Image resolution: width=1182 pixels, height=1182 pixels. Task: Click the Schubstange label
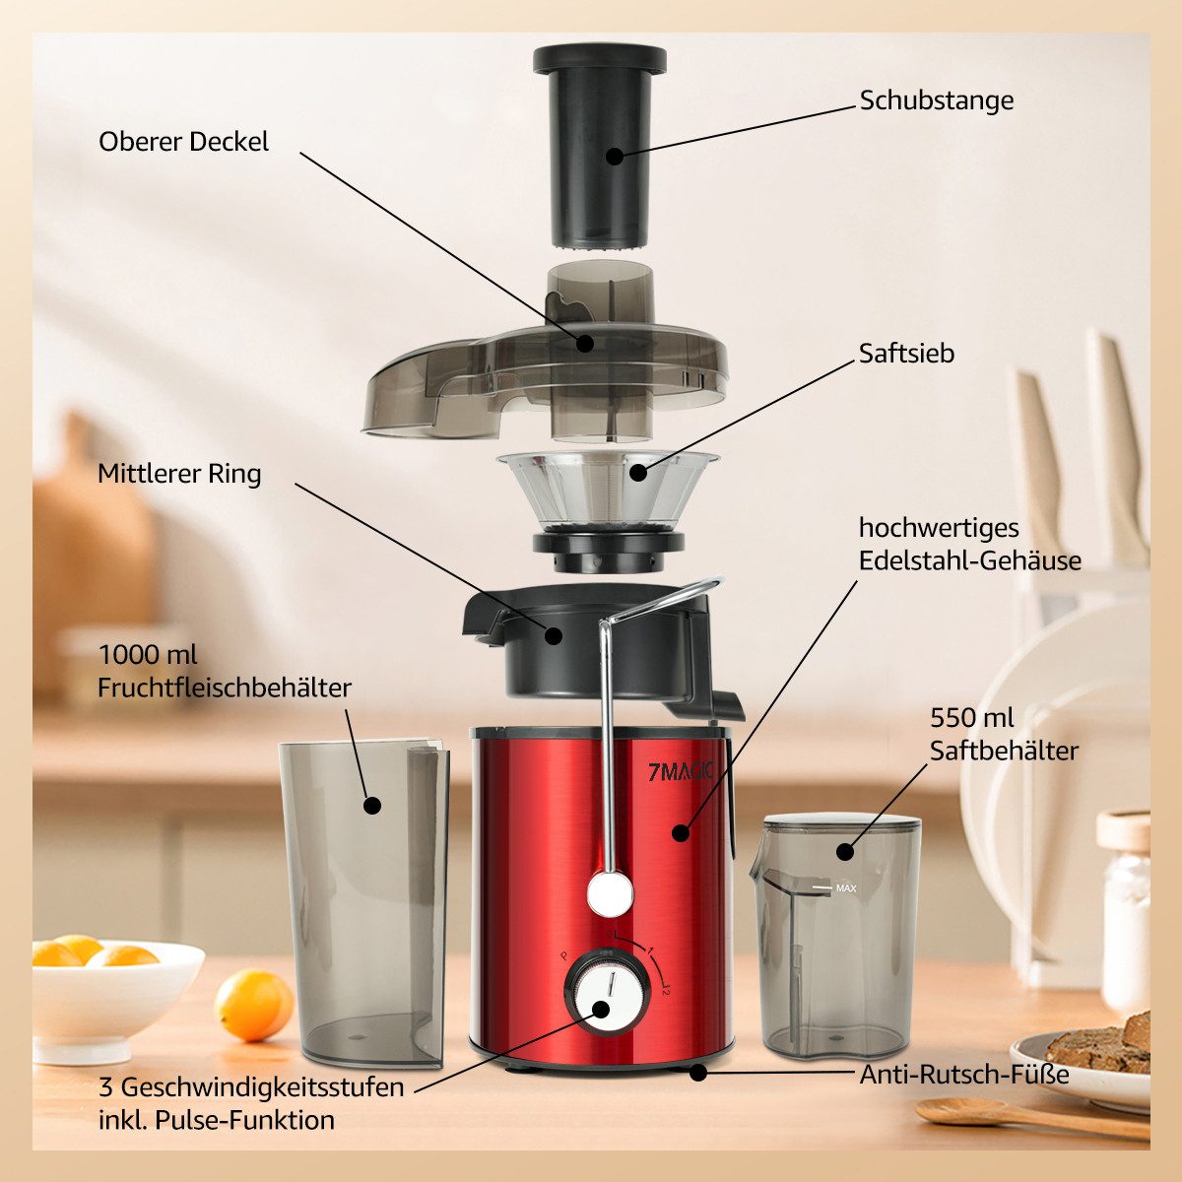tap(936, 100)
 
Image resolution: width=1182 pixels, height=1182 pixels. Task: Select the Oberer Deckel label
tap(183, 142)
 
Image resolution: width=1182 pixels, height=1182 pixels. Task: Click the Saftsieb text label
tap(906, 354)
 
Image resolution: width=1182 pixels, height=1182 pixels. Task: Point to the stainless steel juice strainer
tap(607, 488)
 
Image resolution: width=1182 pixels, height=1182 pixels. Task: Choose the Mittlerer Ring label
tap(179, 474)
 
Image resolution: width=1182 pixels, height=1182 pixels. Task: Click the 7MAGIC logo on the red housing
tap(680, 771)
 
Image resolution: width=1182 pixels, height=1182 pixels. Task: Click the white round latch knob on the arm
tap(610, 892)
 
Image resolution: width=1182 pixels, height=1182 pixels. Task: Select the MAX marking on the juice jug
tap(844, 888)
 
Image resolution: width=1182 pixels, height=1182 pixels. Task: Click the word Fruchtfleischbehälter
tap(225, 688)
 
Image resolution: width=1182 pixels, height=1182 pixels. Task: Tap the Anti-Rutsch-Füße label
tap(963, 1074)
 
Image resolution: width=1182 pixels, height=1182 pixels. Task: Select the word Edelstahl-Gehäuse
tap(969, 560)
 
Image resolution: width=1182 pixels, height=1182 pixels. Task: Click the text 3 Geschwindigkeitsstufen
tap(251, 1087)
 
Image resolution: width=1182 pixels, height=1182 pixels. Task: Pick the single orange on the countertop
tap(253, 1005)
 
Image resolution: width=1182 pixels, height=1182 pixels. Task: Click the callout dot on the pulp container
tap(371, 805)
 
